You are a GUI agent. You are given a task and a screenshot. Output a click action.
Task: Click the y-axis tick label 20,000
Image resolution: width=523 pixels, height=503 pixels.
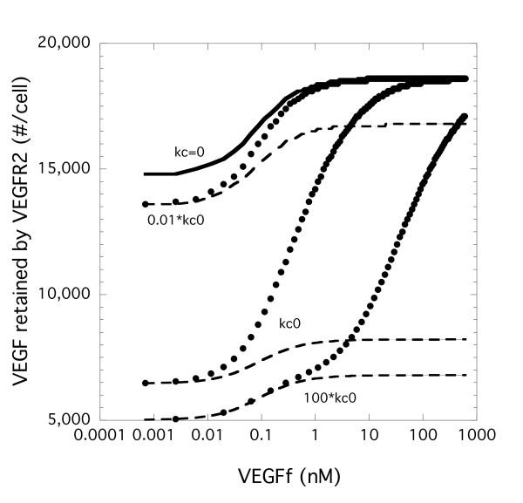point(70,43)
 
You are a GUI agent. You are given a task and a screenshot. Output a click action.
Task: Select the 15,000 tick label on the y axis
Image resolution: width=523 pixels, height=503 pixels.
point(70,168)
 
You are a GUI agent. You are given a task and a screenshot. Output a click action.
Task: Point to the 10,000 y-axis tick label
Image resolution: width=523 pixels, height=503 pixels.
point(70,294)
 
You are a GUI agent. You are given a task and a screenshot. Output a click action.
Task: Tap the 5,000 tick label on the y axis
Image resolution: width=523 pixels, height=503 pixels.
point(73,419)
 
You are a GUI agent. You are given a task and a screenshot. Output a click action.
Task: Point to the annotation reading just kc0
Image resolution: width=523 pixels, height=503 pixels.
point(290,323)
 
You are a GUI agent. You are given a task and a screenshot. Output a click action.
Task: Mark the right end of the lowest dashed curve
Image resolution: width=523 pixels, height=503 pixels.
point(467,375)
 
